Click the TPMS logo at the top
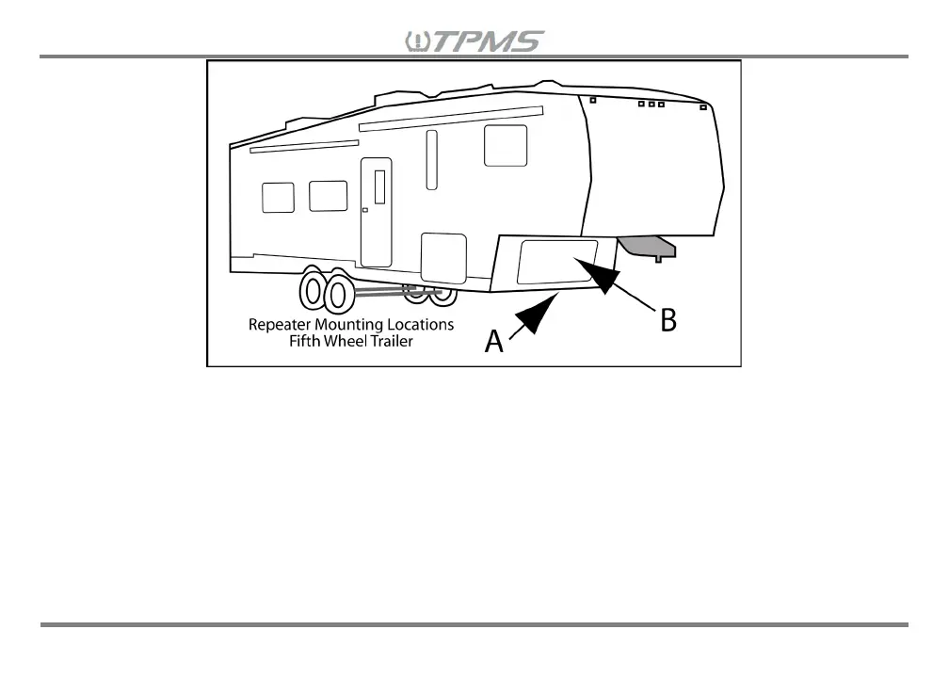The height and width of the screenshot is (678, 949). click(474, 41)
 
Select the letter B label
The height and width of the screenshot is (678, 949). click(668, 320)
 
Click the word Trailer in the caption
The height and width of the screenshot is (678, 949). click(391, 341)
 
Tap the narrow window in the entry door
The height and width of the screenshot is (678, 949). click(379, 187)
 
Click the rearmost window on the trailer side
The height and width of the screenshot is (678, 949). click(278, 197)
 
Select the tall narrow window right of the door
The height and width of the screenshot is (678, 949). click(431, 160)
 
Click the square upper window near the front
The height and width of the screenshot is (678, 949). click(506, 145)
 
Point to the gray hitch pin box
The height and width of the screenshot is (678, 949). click(648, 247)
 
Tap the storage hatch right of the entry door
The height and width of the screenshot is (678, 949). click(443, 257)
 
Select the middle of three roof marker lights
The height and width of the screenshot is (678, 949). click(651, 104)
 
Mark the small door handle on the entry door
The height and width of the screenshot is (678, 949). click(364, 211)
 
